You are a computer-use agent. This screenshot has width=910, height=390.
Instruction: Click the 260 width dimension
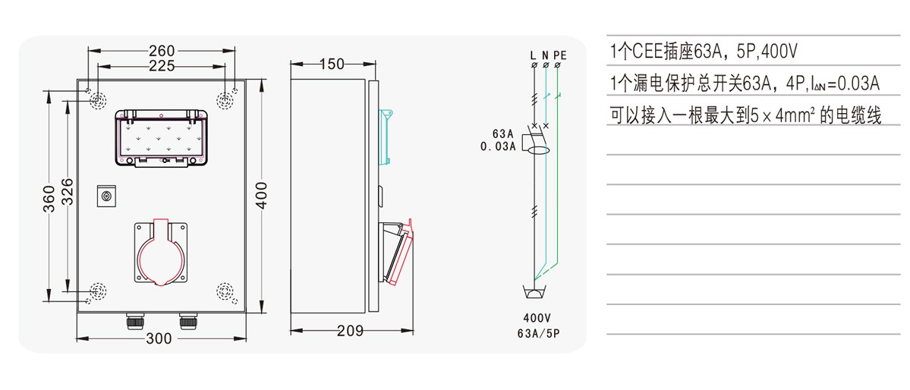[162, 51]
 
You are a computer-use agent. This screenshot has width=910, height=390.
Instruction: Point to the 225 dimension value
[162, 65]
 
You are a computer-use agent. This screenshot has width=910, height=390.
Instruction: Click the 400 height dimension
[262, 195]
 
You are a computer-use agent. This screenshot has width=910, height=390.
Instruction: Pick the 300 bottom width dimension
[159, 339]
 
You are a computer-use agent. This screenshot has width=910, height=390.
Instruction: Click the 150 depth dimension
[332, 64]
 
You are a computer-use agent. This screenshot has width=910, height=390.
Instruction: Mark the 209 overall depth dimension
[350, 331]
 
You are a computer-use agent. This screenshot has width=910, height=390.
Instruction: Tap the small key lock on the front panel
[106, 197]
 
